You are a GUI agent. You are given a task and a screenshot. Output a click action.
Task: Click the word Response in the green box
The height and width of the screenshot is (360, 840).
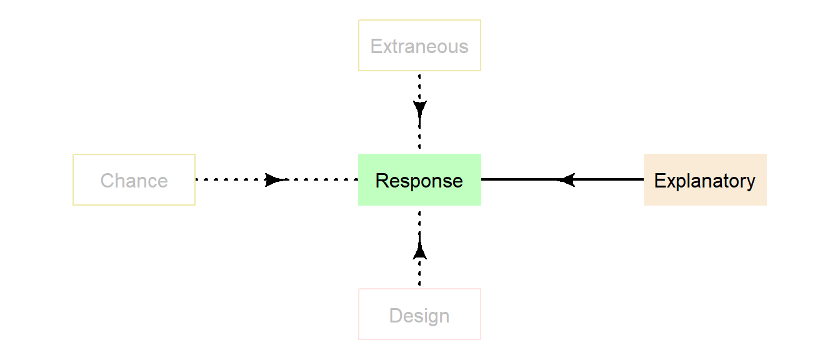(419, 181)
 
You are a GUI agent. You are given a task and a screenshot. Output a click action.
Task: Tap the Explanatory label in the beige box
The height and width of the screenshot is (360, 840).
(704, 181)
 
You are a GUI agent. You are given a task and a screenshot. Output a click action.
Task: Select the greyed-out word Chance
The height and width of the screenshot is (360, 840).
(134, 181)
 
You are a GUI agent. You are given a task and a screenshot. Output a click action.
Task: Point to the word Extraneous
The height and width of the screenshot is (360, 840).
(419, 46)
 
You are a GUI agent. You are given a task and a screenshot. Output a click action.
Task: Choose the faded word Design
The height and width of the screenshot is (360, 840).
(419, 316)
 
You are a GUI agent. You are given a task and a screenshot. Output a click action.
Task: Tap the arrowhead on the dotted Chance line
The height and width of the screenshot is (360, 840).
(274, 180)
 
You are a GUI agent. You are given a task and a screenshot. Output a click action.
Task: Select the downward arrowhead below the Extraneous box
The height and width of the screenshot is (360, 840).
(419, 108)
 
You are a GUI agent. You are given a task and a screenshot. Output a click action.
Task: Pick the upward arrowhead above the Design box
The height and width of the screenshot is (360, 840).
(419, 251)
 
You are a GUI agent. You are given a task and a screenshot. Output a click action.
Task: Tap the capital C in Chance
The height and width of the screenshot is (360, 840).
(107, 181)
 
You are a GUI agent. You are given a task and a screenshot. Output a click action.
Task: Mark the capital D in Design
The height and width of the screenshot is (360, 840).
(395, 316)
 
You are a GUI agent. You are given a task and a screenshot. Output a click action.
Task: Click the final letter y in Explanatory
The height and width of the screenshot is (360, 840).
(751, 182)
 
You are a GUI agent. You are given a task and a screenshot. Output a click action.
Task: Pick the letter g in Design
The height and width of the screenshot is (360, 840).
(432, 317)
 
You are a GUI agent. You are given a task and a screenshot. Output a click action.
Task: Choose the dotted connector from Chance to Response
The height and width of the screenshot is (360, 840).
(231, 180)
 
